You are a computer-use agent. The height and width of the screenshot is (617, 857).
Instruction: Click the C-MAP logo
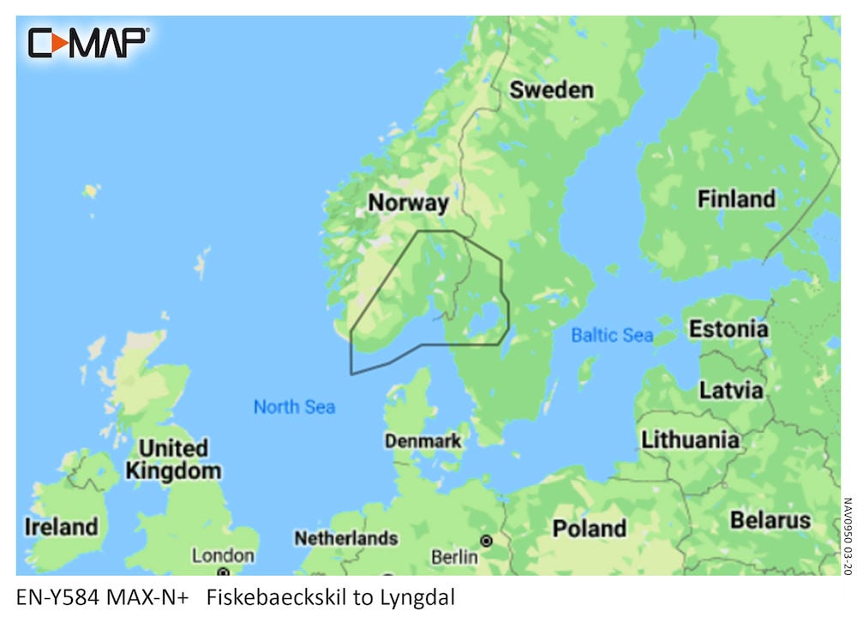(88, 42)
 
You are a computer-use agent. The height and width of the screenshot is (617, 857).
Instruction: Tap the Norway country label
(408, 203)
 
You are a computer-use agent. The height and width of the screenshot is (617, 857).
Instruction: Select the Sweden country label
(551, 90)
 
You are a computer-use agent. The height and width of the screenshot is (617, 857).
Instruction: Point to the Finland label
(735, 200)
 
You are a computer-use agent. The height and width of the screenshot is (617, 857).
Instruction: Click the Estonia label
(728, 329)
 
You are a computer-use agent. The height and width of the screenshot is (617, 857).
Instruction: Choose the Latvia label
(731, 390)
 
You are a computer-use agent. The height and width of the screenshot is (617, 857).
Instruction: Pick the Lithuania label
(690, 440)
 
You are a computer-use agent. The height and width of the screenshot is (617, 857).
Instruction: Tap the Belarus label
(770, 520)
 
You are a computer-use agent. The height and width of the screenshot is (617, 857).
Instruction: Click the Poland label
(589, 529)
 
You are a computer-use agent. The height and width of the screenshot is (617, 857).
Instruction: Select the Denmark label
(423, 442)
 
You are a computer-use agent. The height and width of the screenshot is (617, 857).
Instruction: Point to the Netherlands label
(345, 538)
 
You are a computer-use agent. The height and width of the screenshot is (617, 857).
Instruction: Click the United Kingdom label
(173, 459)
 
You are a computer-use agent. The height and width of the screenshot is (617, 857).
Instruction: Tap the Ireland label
(60, 526)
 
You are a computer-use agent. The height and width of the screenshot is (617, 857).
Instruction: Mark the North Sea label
(294, 407)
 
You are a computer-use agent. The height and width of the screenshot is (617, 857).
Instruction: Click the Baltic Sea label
(612, 335)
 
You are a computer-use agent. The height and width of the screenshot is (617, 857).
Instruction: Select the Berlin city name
(454, 557)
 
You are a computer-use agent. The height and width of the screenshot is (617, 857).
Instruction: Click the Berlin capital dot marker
(487, 542)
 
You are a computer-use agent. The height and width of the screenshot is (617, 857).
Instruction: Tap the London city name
(223, 555)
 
